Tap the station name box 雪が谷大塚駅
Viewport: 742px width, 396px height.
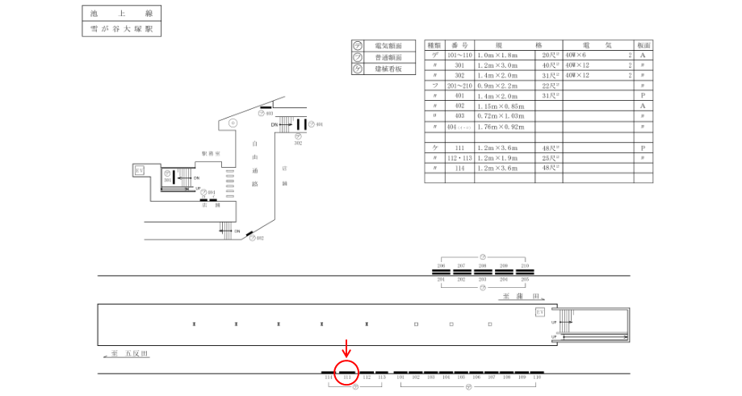click(122, 29)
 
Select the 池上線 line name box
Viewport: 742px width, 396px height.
click(122, 14)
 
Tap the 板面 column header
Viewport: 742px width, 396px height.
click(643, 45)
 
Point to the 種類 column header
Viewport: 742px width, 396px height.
click(434, 45)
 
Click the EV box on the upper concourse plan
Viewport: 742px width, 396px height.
click(139, 170)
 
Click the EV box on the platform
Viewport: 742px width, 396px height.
click(539, 311)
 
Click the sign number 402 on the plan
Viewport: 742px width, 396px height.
click(260, 238)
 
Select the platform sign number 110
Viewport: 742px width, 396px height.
click(537, 377)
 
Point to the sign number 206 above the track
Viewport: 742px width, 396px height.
click(441, 265)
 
